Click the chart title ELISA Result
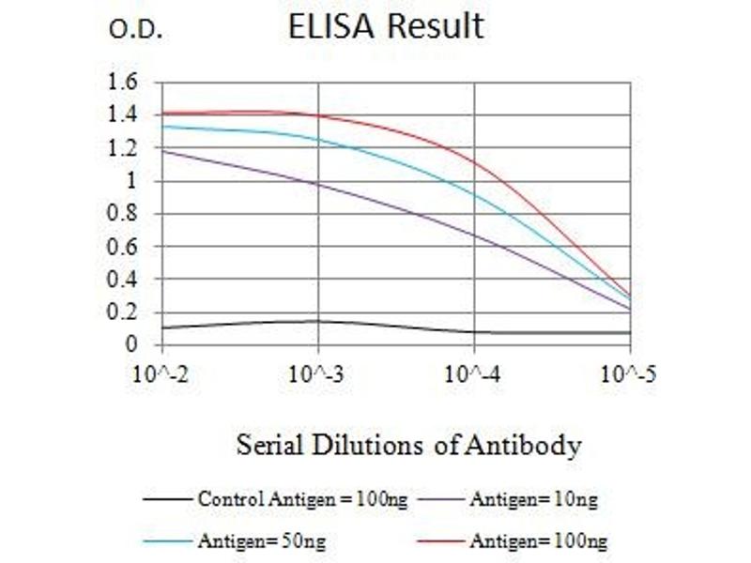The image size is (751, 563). coord(386,25)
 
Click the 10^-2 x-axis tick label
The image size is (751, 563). coord(163,375)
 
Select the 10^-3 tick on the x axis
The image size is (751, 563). coord(318,375)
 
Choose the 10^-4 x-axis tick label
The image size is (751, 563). coord(474,375)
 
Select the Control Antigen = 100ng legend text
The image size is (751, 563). coord(302,499)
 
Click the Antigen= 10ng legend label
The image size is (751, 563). coord(533,499)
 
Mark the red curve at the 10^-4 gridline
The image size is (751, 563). coord(474,162)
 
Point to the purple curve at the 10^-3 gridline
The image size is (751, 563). coord(318,184)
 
